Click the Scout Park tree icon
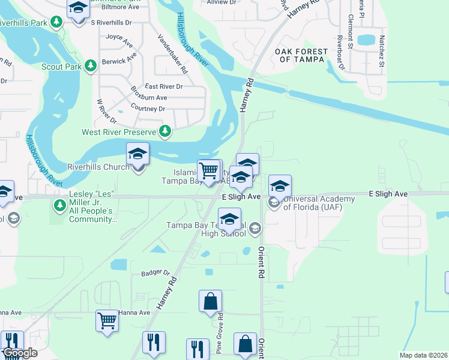pyautogui.click(x=91, y=65)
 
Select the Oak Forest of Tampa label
pyautogui.click(x=301, y=55)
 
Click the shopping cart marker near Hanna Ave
pyautogui.click(x=107, y=321)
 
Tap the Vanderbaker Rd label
pyautogui.click(x=173, y=53)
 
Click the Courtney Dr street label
pyautogui.click(x=148, y=109)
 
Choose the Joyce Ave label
pyautogui.click(x=119, y=37)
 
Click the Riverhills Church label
pyautogui.click(x=98, y=167)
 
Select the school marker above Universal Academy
pyautogui.click(x=280, y=186)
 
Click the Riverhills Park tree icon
pyautogui.click(x=56, y=22)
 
